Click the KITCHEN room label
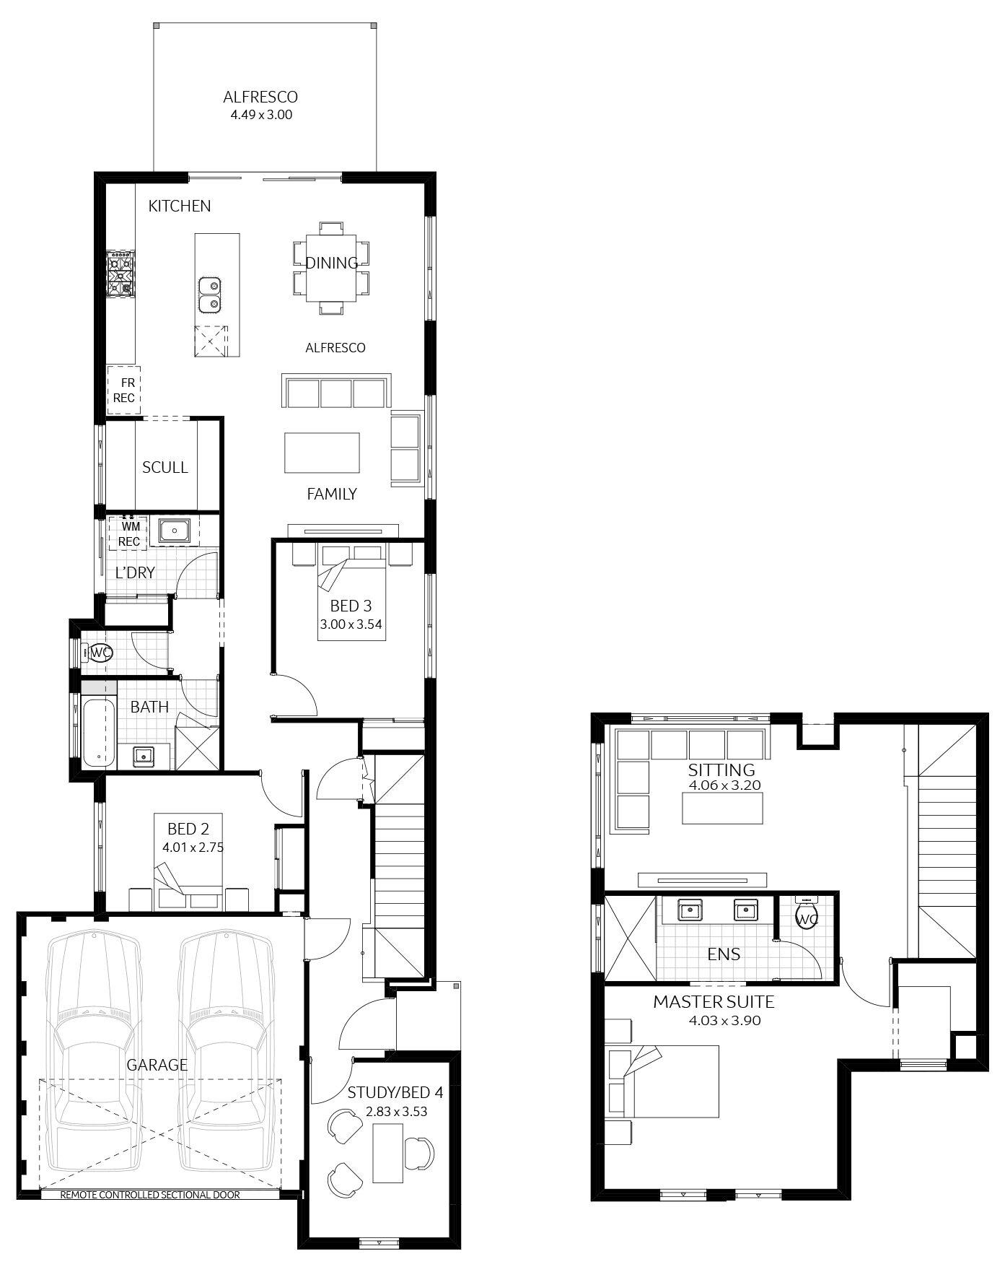coord(180,206)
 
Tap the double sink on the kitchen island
coord(210,294)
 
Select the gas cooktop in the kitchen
coord(120,276)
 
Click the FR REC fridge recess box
coord(123,390)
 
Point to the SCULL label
coord(164,467)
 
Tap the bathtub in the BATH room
coord(98,732)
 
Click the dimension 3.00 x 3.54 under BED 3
coord(351,624)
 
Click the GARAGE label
coord(157,1064)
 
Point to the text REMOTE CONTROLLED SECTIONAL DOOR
coord(150,1195)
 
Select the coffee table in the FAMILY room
coord(322,453)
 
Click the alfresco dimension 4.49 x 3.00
coord(260,114)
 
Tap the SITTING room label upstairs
coord(721,770)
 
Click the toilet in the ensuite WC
coord(806,917)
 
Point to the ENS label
coord(724,954)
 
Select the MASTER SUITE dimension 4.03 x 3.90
coord(714,1021)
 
